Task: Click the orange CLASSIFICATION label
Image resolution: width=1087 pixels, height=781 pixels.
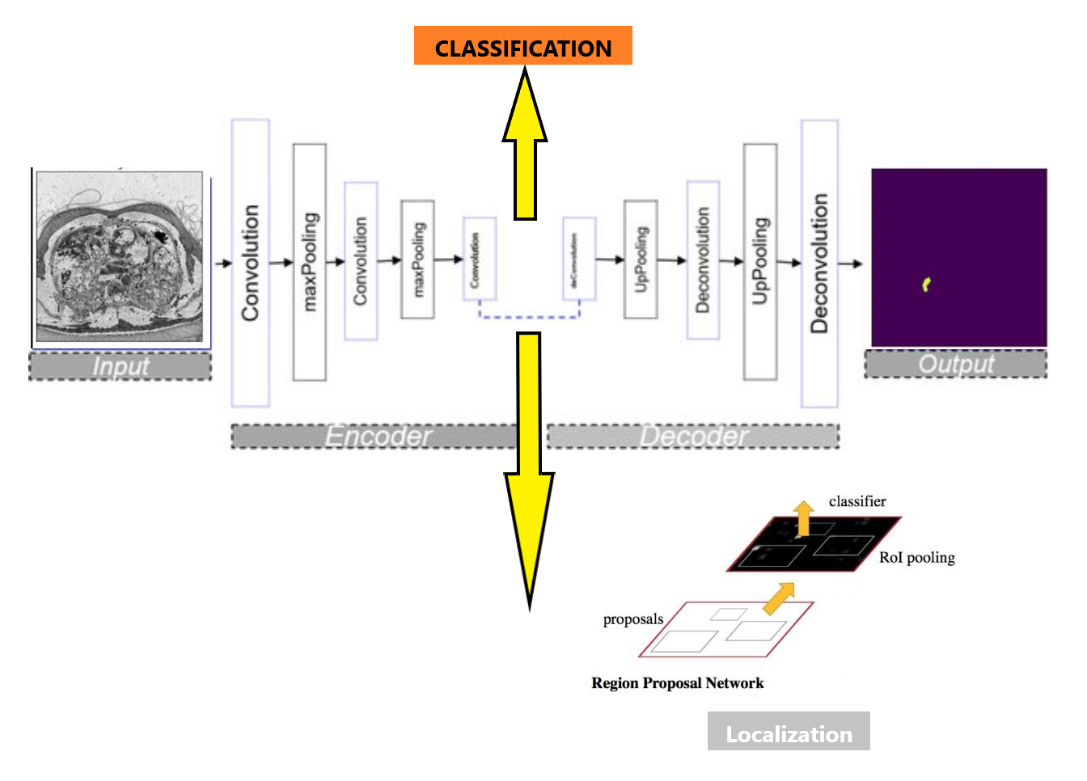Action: coord(522,46)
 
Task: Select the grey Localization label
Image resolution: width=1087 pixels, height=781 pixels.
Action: coord(789,732)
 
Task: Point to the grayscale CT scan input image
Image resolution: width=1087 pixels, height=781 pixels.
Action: coord(121,257)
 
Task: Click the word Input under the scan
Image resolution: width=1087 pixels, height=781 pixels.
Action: coord(120,366)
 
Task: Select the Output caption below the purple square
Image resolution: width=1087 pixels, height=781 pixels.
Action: coord(955,364)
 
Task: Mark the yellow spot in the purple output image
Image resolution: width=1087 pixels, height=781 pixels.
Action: coord(927,284)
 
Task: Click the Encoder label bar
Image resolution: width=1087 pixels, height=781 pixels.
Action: coord(376,437)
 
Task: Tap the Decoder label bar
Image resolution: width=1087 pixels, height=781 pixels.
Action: coord(693,437)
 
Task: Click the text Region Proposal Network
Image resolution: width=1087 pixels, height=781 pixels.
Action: coord(677,683)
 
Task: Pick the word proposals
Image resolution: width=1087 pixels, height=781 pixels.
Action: coord(632,619)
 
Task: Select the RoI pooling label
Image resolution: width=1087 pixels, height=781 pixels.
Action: coord(916,558)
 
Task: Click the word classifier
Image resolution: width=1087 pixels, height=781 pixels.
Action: coord(857,501)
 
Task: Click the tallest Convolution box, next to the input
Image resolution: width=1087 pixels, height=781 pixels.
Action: coord(251,263)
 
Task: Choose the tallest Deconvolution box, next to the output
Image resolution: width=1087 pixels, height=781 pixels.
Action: coord(819,264)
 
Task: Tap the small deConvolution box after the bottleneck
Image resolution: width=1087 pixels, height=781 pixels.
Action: coord(579,259)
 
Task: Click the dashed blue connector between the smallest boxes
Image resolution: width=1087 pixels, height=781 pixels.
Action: coord(530,316)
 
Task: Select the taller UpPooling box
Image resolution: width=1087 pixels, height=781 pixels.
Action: coord(760,262)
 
